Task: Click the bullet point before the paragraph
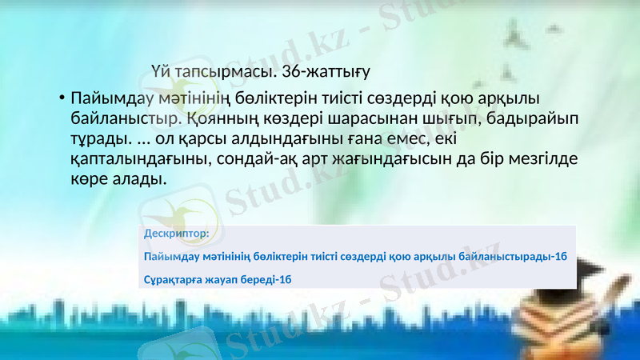[x=61, y=100]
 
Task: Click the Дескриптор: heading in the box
[x=177, y=234]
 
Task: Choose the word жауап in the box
[x=225, y=279]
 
